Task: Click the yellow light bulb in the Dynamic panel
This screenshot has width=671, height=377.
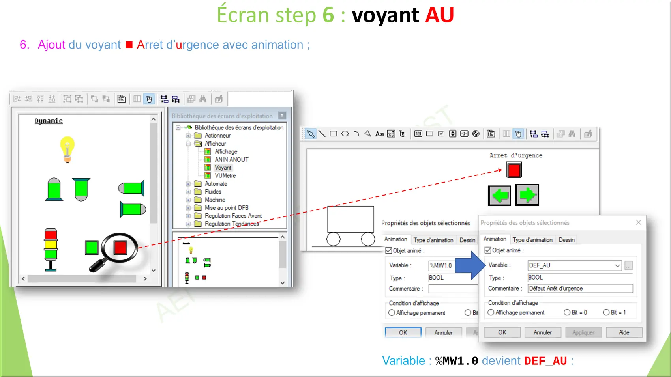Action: coord(67,149)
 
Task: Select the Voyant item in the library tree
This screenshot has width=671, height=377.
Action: coord(223,168)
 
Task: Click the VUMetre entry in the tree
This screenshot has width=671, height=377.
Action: coord(225,175)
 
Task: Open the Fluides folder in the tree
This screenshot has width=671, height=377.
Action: coord(213,192)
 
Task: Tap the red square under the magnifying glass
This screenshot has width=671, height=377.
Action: coord(120,247)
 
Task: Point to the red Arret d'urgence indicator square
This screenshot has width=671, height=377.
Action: coord(514,170)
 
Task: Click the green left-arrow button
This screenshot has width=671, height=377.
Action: coord(499,195)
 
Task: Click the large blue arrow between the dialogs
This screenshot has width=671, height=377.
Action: coord(470,265)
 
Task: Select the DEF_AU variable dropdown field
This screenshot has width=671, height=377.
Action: coord(574,265)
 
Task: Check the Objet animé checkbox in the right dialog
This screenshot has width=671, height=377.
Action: coord(488,250)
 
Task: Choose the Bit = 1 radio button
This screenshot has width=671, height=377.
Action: coord(606,312)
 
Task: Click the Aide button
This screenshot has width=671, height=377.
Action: coord(624,332)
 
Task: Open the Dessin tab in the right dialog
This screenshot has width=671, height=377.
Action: coord(566,240)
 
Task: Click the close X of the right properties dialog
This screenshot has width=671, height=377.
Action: coord(638,222)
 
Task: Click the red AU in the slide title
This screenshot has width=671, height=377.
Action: coord(439,15)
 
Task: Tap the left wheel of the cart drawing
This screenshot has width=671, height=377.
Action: coord(334,239)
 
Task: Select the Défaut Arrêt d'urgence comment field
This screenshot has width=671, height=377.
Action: coord(580,288)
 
